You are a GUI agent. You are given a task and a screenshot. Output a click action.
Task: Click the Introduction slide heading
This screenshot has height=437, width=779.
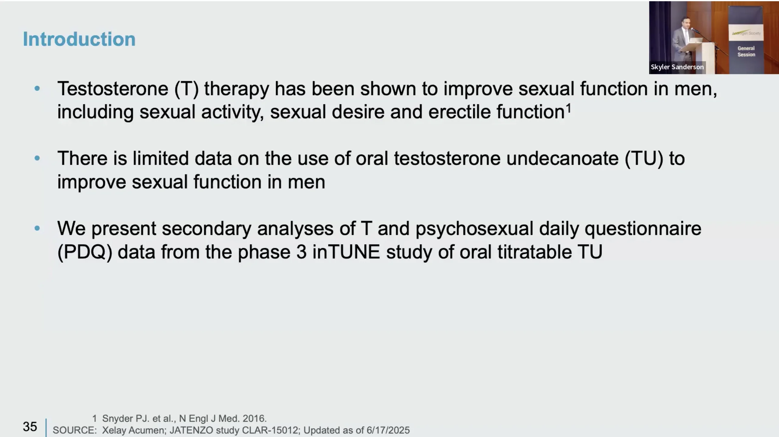(x=79, y=39)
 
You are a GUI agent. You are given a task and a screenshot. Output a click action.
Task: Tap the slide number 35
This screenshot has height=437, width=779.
(x=30, y=426)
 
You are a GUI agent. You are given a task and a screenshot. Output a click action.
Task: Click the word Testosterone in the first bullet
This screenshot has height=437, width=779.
(x=113, y=89)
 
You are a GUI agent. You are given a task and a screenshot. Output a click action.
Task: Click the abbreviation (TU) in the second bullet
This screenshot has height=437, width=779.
(x=644, y=159)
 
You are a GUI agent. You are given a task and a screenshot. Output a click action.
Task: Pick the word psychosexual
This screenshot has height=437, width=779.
(x=474, y=229)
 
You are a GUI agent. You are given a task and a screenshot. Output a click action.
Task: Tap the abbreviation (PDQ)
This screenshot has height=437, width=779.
(x=85, y=252)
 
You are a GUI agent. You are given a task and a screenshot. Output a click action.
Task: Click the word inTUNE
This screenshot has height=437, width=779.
(x=346, y=252)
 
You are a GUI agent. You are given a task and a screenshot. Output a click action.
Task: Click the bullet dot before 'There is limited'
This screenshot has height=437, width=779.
(x=37, y=158)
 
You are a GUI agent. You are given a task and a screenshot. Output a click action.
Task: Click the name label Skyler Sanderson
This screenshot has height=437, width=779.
(x=677, y=67)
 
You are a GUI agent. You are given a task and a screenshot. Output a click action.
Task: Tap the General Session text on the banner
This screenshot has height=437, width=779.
(x=746, y=51)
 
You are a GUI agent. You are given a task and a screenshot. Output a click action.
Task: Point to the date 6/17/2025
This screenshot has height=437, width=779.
(x=388, y=430)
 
